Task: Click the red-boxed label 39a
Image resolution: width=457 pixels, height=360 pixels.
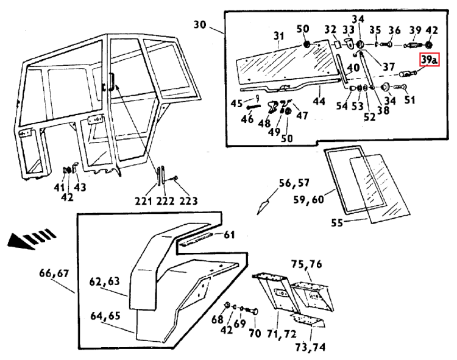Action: (428, 60)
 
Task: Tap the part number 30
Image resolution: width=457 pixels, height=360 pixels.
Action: (200, 26)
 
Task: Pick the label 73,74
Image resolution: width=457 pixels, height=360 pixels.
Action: (309, 347)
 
